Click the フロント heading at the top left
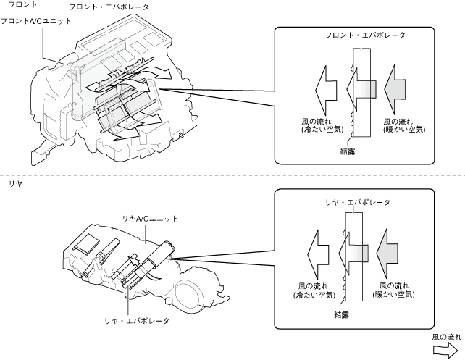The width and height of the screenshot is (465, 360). point(22,4)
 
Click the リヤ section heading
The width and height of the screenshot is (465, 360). point(15,183)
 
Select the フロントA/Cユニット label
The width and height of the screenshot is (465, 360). point(36,21)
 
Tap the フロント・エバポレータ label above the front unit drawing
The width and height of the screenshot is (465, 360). point(109,7)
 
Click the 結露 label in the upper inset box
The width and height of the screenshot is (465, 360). point(348,151)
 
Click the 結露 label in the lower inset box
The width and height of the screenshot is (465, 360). point(341,314)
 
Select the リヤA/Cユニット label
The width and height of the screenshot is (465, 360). point(150,219)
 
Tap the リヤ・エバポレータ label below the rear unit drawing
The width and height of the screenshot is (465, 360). point(137,321)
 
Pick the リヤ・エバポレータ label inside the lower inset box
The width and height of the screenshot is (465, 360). point(358,202)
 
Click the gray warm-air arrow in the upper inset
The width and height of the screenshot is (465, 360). point(395,90)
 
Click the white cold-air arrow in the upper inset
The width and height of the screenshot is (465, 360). point(326,91)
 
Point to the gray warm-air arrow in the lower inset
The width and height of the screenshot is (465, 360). point(387,254)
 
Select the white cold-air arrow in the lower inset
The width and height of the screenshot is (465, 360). point(318,255)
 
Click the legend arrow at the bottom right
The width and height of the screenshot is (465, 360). point(445,350)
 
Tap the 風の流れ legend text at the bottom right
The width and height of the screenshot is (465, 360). point(447,337)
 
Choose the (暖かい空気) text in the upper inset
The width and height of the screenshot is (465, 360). point(404,130)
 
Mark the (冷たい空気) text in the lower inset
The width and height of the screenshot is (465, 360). point(314,295)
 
